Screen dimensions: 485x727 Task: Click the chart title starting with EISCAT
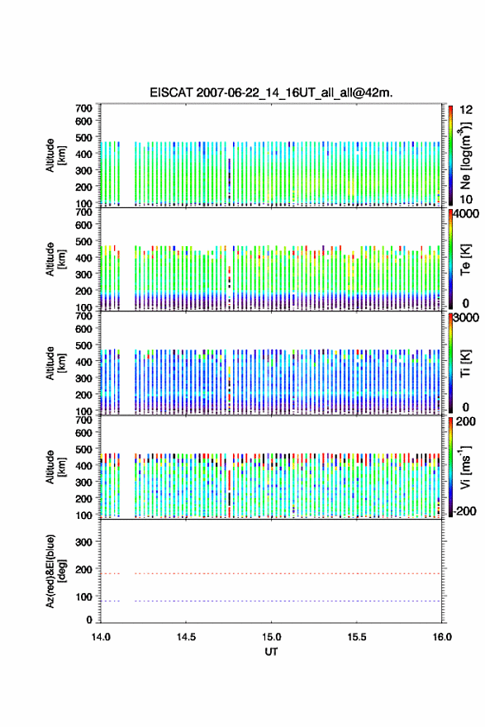(271, 93)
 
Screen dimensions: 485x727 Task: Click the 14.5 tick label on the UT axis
(186, 637)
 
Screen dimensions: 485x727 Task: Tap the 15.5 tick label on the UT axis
(357, 637)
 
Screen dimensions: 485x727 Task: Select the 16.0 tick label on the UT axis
(442, 637)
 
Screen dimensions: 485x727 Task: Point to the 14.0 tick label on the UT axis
(101, 637)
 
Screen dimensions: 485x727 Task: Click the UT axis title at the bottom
(271, 652)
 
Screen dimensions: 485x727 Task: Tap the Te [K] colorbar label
(465, 259)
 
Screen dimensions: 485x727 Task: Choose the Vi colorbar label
(465, 467)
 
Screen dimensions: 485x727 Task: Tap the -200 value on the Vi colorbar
(465, 511)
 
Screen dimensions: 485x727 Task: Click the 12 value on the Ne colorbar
(466, 110)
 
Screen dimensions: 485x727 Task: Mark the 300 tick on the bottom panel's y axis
(83, 542)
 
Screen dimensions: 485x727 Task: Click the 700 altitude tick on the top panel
(83, 108)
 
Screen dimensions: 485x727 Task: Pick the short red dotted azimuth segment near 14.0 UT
(111, 573)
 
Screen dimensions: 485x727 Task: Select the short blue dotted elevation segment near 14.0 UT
(111, 601)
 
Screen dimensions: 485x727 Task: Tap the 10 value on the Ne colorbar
(466, 199)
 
